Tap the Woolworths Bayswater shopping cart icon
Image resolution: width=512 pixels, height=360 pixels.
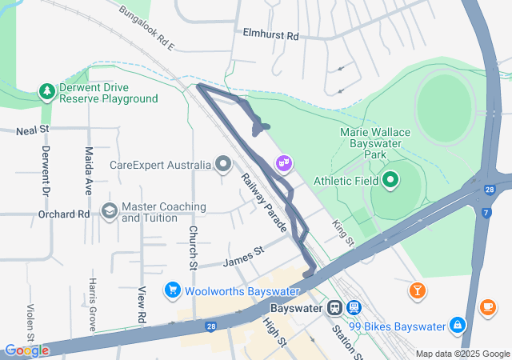click(172, 290)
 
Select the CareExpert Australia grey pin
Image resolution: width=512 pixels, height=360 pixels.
click(223, 165)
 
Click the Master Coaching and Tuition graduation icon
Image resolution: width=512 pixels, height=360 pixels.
click(109, 211)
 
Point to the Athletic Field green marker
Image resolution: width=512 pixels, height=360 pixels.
click(390, 180)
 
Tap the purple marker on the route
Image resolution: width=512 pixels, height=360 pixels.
click(284, 163)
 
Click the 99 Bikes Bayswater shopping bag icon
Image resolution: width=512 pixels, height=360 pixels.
click(457, 325)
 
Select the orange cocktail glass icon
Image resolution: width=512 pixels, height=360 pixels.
click(416, 290)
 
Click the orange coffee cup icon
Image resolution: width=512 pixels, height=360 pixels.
click(487, 307)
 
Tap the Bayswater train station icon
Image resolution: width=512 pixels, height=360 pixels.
click(336, 307)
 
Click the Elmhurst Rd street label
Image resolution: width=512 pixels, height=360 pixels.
click(270, 36)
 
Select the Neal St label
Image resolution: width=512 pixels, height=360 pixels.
click(33, 128)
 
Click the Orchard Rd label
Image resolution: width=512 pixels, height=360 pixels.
click(63, 214)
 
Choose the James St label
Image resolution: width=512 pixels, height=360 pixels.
click(244, 255)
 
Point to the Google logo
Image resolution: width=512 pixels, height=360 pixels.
click(26, 350)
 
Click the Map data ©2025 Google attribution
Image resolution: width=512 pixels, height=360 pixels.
click(462, 354)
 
